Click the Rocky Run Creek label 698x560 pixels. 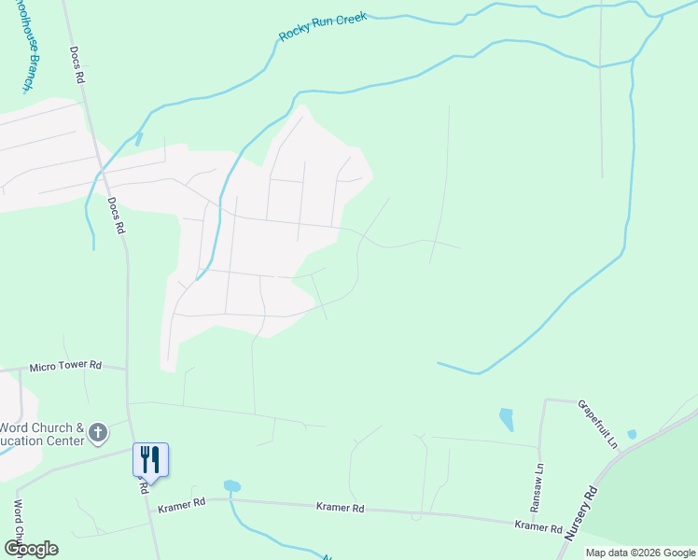tap(323, 28)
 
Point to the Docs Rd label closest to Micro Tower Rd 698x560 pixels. tap(116, 216)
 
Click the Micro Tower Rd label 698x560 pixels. tap(64, 367)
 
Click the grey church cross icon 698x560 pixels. tap(98, 433)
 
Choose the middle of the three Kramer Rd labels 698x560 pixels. tap(340, 509)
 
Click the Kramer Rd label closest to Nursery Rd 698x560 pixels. tap(538, 527)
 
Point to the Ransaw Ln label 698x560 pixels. tap(538, 485)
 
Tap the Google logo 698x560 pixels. tap(31, 548)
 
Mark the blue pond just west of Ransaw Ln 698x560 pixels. tap(506, 419)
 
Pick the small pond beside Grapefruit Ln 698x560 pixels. tap(632, 434)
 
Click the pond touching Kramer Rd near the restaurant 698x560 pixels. tap(232, 486)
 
